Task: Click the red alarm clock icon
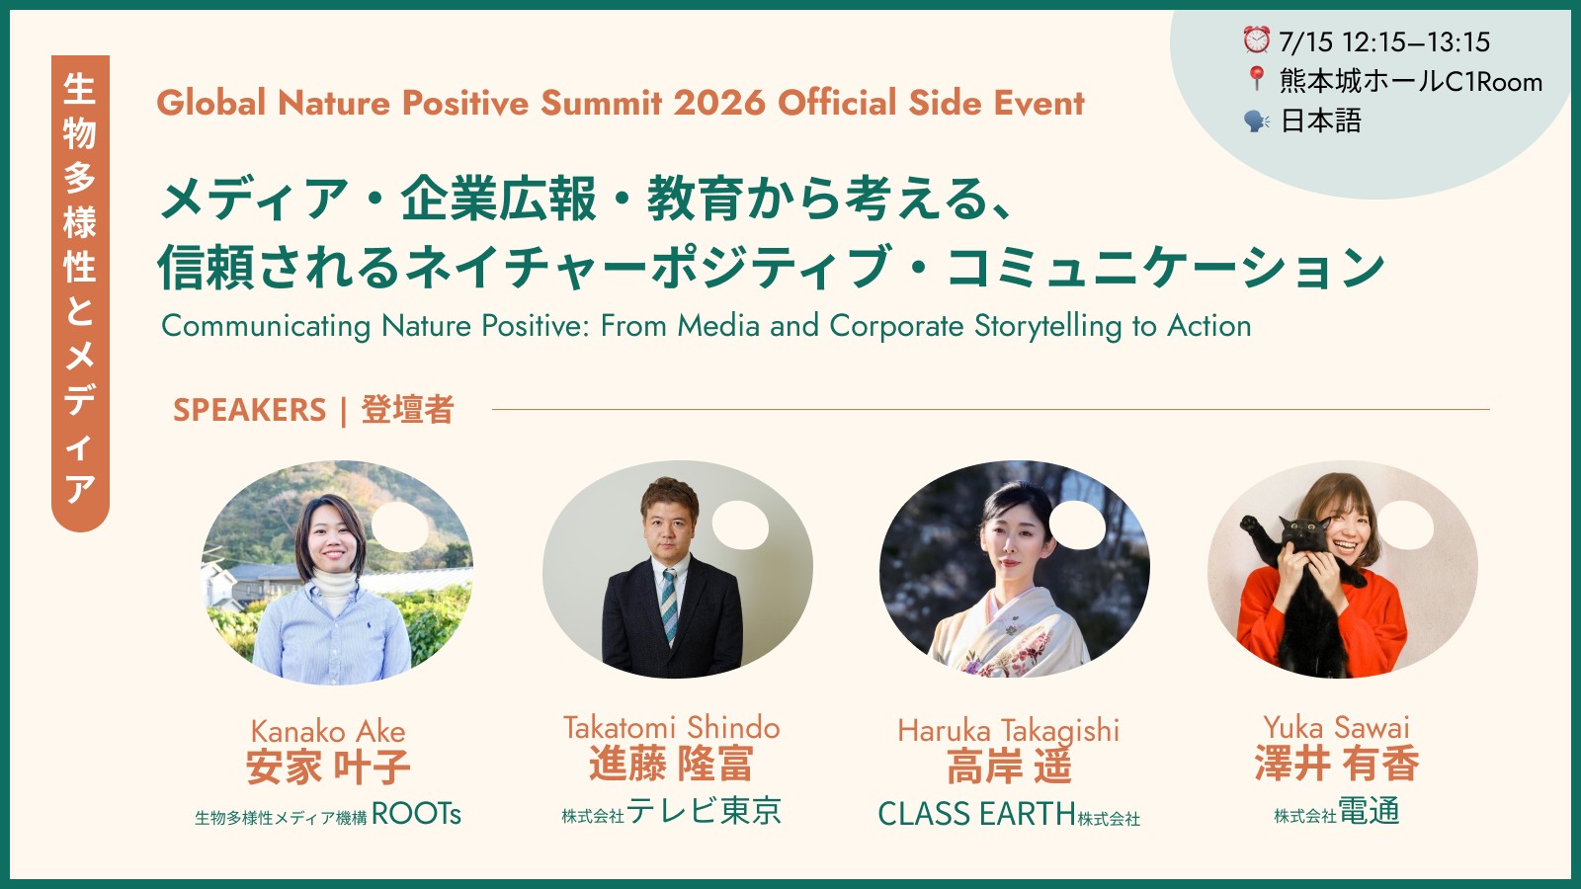coord(1256,40)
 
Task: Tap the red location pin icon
coord(1256,78)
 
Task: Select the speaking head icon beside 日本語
coord(1256,121)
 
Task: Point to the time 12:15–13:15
coord(1416,42)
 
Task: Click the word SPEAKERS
coord(250,410)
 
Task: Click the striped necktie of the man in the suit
coord(669,605)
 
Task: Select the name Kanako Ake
coord(328,731)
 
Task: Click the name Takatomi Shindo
coord(671,727)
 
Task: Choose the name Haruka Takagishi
coord(1009,731)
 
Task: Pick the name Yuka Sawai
coord(1336,727)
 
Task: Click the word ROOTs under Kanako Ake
coord(416,814)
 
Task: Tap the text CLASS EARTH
coord(976,814)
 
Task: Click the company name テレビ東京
coord(704,811)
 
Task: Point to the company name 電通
coord(1369,811)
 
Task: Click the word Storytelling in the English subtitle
coord(1048,327)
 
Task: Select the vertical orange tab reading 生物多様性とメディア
coord(80,293)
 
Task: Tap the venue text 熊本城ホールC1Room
coord(1411,82)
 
